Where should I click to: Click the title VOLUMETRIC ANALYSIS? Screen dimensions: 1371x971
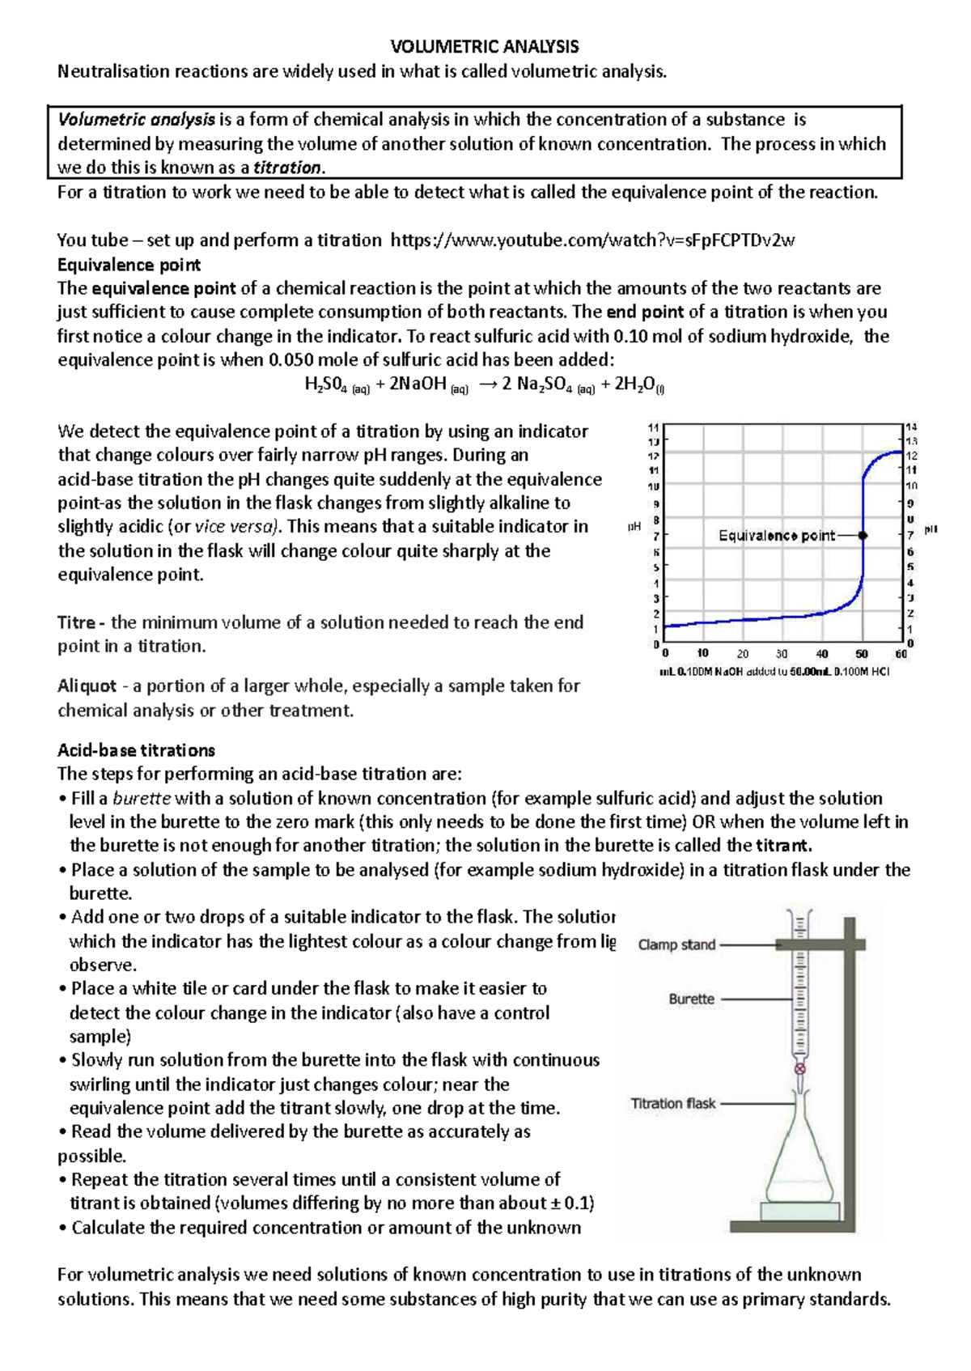click(x=485, y=46)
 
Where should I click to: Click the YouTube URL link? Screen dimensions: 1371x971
click(x=592, y=240)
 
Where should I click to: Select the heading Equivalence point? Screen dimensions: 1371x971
click(x=129, y=265)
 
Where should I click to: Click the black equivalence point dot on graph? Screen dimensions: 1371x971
click(x=863, y=535)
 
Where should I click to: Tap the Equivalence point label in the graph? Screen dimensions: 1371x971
click(x=776, y=535)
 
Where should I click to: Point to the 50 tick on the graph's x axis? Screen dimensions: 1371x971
click(x=862, y=654)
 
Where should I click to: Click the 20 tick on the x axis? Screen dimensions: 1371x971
click(x=743, y=654)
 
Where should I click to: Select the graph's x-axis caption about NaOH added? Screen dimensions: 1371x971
click(x=774, y=672)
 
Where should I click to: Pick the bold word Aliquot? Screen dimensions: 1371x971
click(x=87, y=685)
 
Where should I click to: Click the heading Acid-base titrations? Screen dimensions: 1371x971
click(x=136, y=749)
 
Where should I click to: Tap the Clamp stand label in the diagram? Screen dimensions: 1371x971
click(x=676, y=944)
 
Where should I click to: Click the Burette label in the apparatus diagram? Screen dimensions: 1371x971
click(x=691, y=999)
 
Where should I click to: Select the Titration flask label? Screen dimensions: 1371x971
click(x=672, y=1103)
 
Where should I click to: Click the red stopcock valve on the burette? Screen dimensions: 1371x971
click(x=800, y=1069)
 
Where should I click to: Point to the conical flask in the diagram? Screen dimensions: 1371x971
click(x=799, y=1157)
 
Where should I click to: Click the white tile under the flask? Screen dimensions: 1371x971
click(x=799, y=1211)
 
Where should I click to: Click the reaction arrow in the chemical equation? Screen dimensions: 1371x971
click(x=488, y=384)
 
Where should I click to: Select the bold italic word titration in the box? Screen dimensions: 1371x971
click(x=287, y=168)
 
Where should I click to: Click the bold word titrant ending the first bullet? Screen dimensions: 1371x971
click(x=782, y=846)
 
